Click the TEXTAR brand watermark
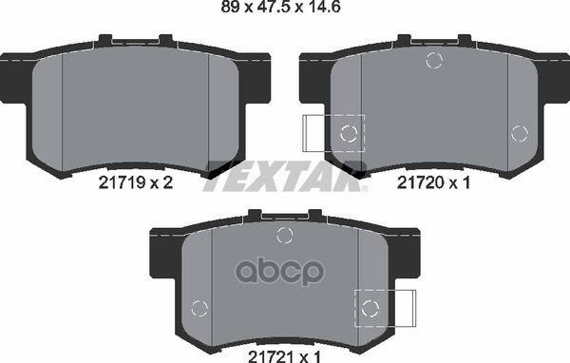tap(282, 176)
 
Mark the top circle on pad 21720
tap(434, 62)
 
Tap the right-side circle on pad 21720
tap(518, 132)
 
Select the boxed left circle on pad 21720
tap(349, 132)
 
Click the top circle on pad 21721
tap(283, 236)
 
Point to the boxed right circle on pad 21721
tap(370, 306)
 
